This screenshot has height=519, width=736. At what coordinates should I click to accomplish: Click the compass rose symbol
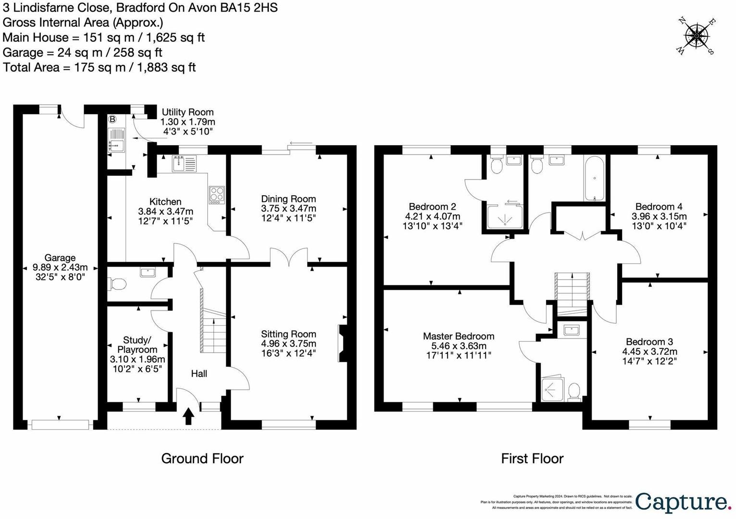696,36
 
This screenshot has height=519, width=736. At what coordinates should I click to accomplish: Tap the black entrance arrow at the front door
188,416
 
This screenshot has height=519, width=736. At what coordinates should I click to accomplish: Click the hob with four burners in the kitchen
216,195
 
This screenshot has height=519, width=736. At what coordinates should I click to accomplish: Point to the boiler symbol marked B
112,119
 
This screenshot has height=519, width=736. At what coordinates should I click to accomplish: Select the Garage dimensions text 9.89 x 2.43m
60,267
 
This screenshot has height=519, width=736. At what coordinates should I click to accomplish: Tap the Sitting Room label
288,334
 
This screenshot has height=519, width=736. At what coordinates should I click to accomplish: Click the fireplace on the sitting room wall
342,343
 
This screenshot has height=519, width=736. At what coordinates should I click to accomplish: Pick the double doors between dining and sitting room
289,257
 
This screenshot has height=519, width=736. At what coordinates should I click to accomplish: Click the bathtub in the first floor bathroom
595,179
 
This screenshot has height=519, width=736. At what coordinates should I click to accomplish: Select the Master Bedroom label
459,336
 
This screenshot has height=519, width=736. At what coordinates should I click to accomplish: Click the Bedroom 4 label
659,207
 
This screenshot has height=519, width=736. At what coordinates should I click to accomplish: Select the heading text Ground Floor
202,458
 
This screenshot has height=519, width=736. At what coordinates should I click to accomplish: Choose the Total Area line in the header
99,67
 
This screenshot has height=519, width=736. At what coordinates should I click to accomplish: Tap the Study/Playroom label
137,345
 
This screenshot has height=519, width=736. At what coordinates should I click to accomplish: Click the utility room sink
116,140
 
